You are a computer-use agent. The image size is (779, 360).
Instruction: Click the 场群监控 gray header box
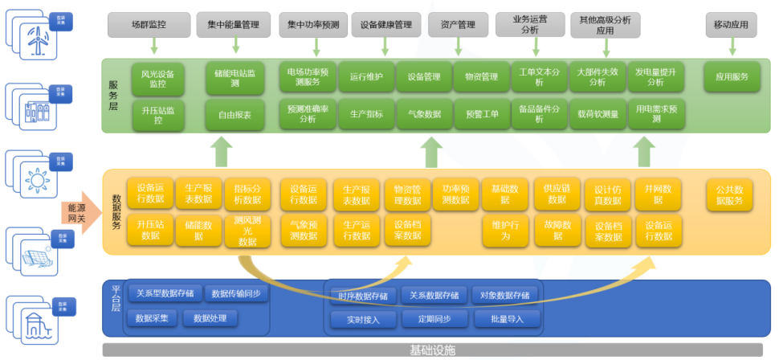click(x=149, y=25)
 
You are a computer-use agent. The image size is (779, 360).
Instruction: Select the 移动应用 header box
click(x=731, y=25)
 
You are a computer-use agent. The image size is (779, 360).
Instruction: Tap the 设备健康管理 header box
click(x=386, y=25)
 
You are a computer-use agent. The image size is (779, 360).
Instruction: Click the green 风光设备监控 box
click(x=158, y=78)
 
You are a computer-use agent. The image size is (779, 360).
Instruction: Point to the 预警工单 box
click(x=482, y=114)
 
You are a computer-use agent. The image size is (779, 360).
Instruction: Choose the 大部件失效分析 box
click(x=597, y=77)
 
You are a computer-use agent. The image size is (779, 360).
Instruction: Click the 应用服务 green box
click(x=732, y=77)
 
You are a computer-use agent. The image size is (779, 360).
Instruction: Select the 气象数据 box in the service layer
click(x=424, y=114)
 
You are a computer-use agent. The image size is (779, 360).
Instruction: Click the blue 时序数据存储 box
click(x=364, y=296)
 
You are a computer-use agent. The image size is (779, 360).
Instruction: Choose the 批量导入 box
click(x=504, y=319)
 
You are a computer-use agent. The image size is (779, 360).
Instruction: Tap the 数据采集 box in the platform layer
click(x=152, y=318)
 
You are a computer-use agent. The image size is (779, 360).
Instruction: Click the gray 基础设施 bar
click(x=432, y=350)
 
